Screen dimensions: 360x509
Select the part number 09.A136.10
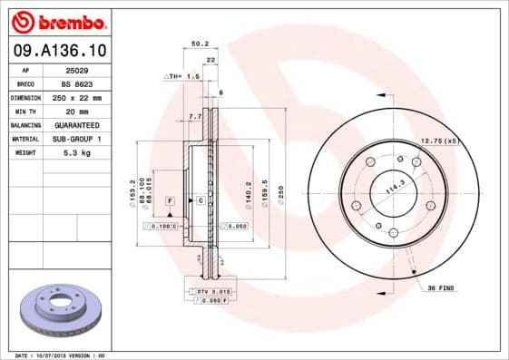[x=56, y=52]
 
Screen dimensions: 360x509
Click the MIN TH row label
[x=25, y=111]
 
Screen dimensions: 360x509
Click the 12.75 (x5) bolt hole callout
[x=441, y=141]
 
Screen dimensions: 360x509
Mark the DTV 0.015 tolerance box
[x=210, y=289]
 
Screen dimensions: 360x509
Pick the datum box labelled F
[x=169, y=199]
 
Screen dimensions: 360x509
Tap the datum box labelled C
[x=201, y=199]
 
